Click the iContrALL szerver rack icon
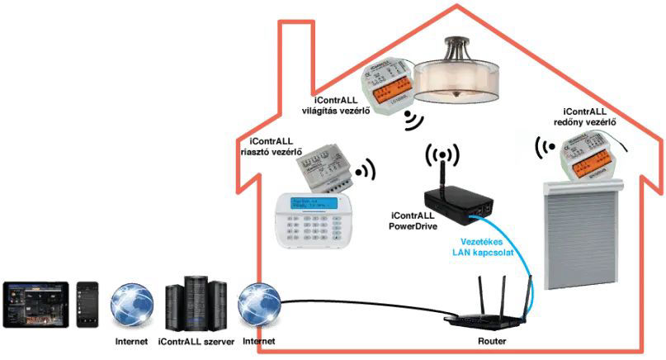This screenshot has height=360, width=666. click(x=196, y=304)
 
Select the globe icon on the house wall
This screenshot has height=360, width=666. click(x=258, y=305)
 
